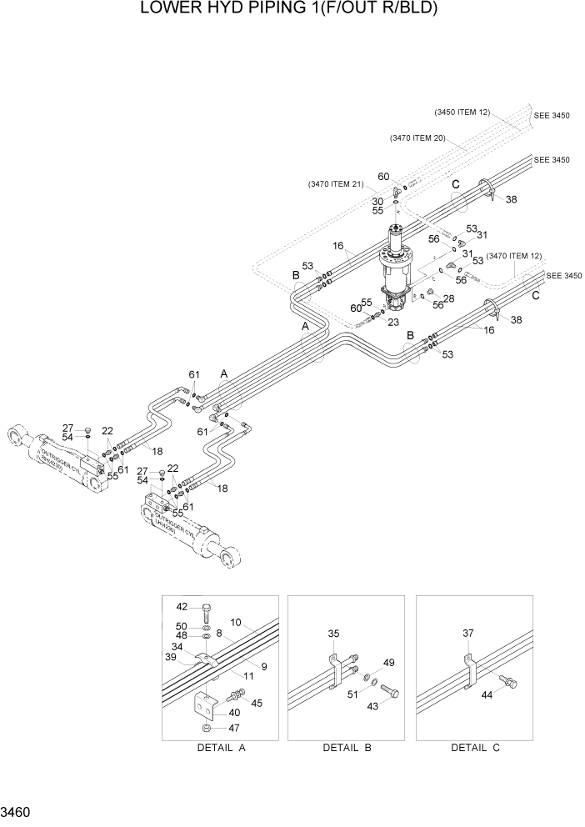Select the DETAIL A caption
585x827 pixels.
[221, 748]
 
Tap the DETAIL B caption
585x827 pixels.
[347, 748]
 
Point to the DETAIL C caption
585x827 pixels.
[475, 748]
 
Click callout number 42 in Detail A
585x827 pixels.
[182, 606]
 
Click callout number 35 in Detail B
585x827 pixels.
[333, 634]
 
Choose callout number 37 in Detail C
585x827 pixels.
[467, 634]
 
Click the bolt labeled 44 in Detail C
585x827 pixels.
[509, 684]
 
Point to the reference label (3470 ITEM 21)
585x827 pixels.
[335, 184]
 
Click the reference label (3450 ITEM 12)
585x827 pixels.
[462, 112]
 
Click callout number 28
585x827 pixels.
[448, 298]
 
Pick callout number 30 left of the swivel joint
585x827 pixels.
[377, 202]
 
